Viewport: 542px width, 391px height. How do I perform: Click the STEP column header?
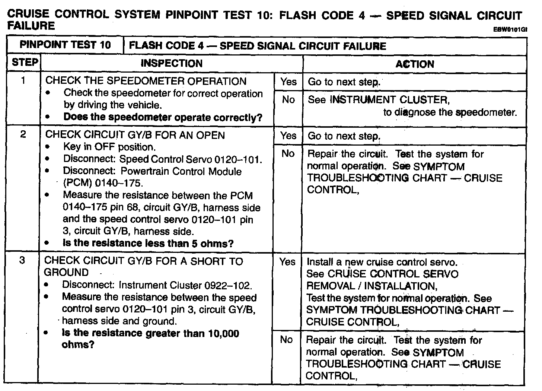(x=25, y=63)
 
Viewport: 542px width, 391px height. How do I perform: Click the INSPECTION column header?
(x=171, y=63)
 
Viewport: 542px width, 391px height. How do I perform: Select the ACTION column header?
(x=414, y=64)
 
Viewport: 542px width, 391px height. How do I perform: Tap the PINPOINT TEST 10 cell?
(x=65, y=45)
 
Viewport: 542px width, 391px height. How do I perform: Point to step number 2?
(x=23, y=134)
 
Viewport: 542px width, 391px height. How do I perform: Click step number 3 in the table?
(x=22, y=260)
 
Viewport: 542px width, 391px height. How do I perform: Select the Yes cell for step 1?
(x=288, y=82)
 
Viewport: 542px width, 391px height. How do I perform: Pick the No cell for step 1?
(x=288, y=100)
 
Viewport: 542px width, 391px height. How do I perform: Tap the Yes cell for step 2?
(x=288, y=136)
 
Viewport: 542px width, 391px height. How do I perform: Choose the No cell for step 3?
(x=286, y=340)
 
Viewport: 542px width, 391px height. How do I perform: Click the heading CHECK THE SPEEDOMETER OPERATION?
(x=146, y=81)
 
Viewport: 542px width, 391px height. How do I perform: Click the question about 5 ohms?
(x=148, y=244)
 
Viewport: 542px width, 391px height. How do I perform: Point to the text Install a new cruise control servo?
(x=382, y=262)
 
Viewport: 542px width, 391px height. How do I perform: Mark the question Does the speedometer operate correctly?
(x=163, y=117)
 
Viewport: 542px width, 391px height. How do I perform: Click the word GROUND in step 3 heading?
(x=66, y=272)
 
